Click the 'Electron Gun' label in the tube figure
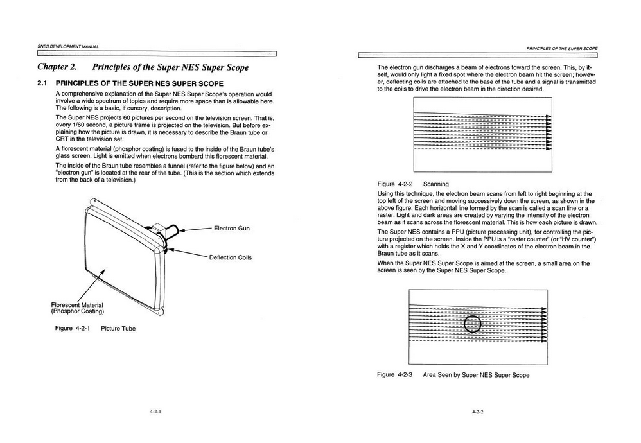coord(232,228)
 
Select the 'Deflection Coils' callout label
coord(230,257)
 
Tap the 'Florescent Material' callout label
coord(77,304)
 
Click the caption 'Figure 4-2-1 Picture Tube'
coord(95,329)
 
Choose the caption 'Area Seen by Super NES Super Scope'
coord(476,375)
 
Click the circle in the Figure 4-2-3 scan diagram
coord(472,324)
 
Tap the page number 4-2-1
coord(155,412)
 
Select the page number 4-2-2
coord(477,412)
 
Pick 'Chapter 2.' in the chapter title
coord(57,67)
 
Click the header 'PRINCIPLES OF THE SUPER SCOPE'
coord(561,48)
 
